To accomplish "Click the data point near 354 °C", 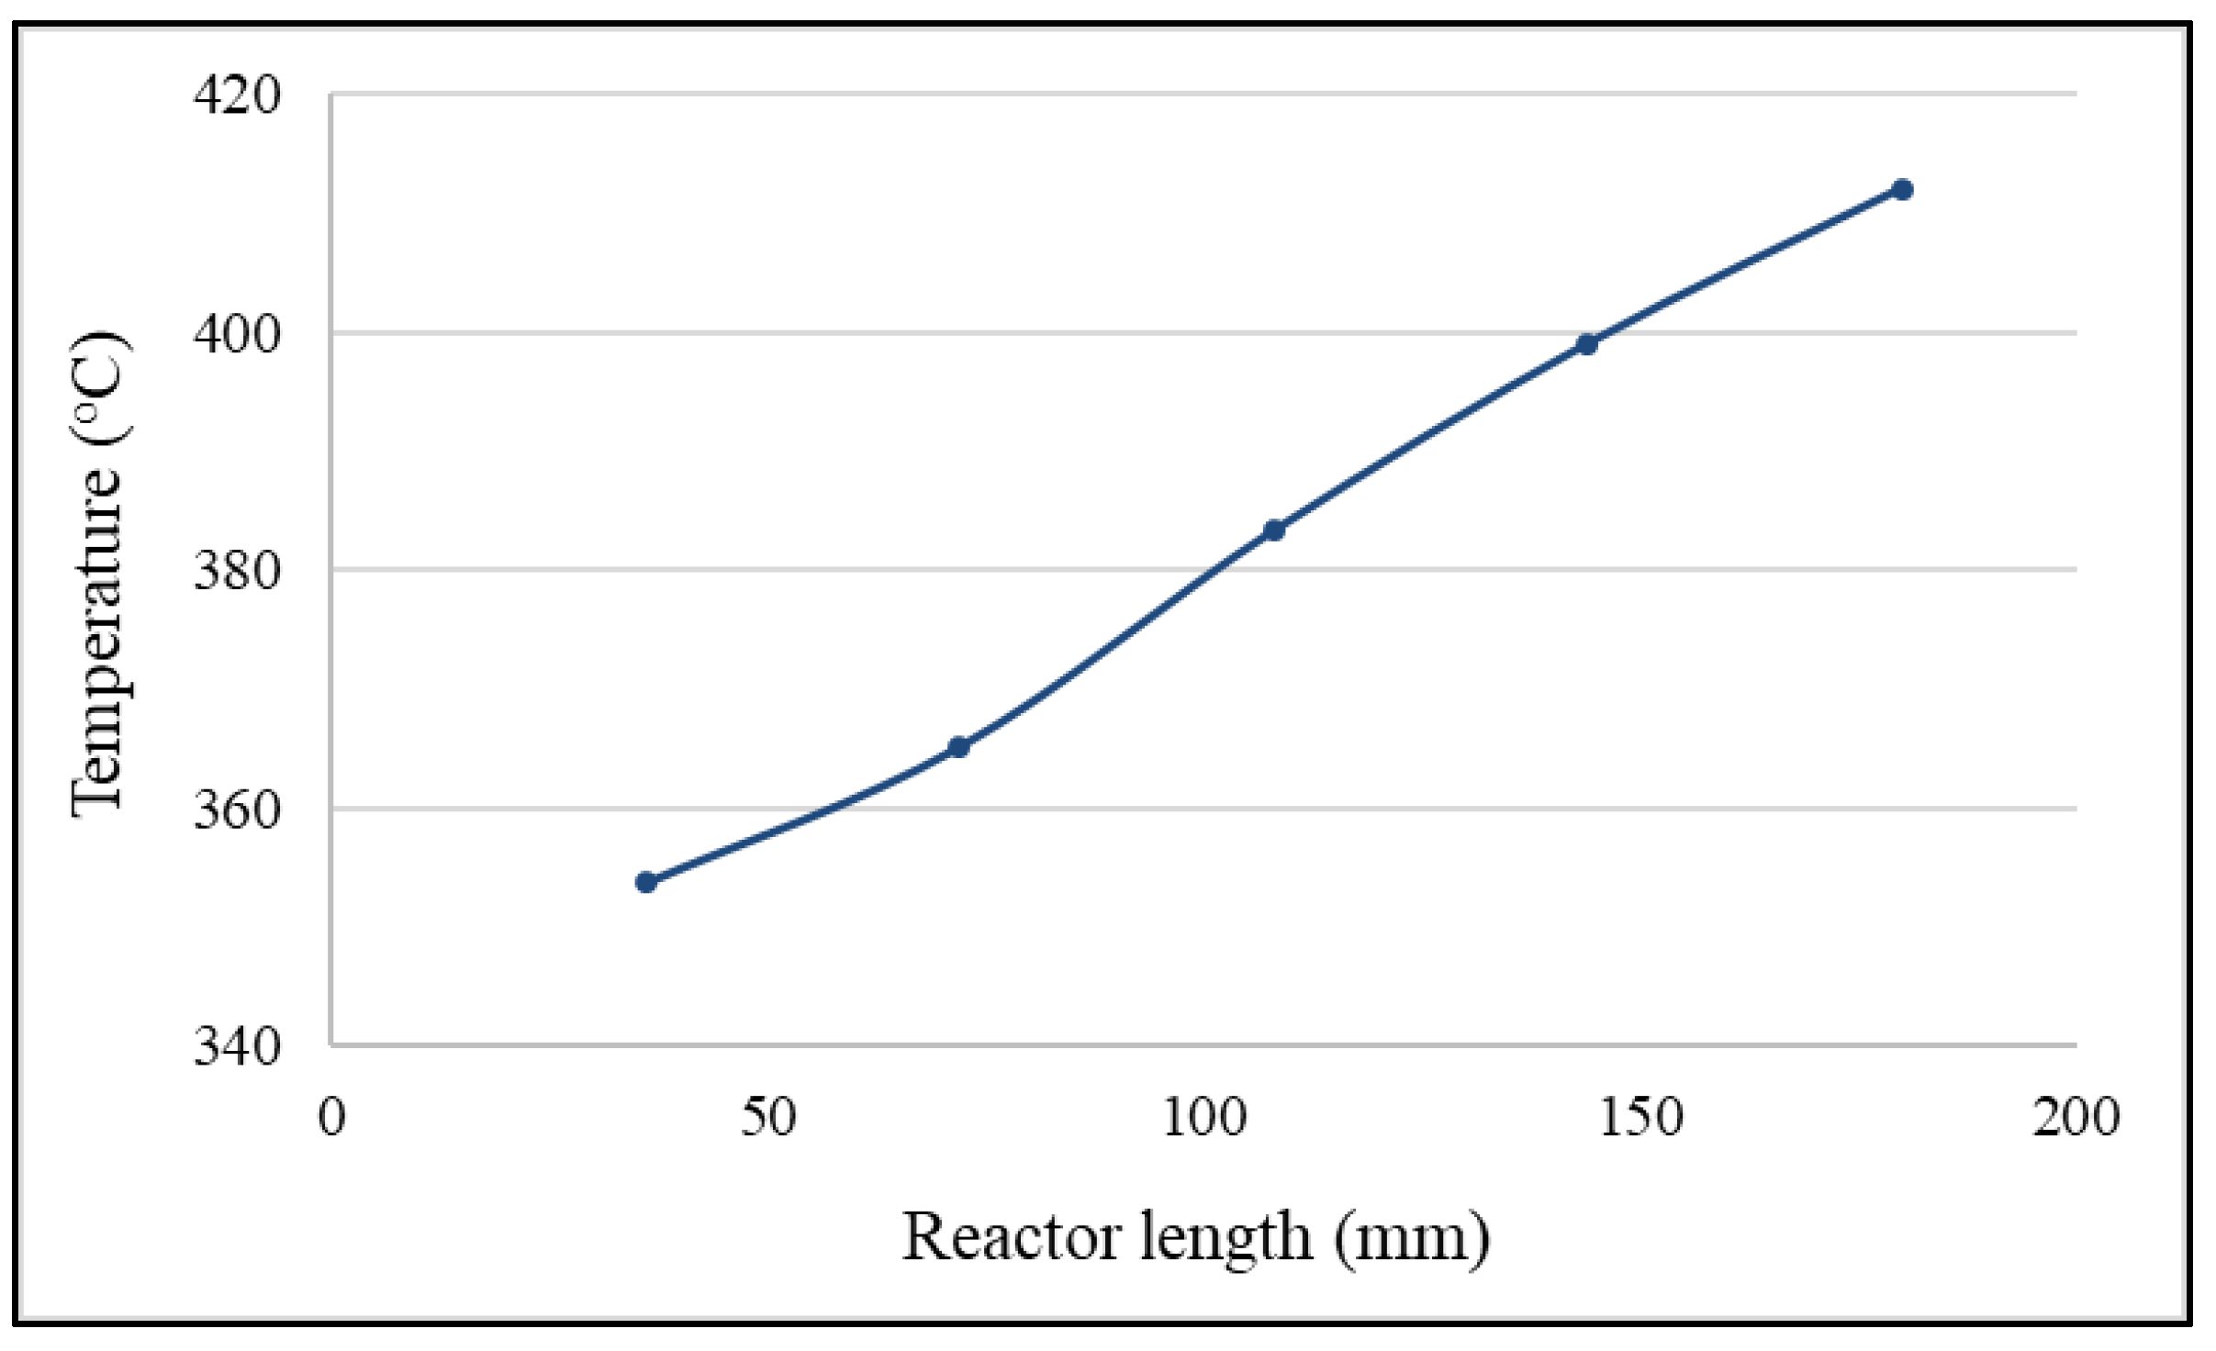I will point(645,882).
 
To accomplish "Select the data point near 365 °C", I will point(958,747).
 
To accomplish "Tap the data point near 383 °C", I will point(1273,530).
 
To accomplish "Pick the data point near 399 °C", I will point(1587,344).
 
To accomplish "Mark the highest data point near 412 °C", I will point(1902,190).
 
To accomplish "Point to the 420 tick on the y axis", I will point(237,95).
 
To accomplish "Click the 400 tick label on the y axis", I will point(237,333).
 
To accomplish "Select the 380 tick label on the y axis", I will point(237,570).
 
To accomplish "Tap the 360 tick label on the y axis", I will point(237,809).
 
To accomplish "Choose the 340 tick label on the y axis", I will point(237,1045).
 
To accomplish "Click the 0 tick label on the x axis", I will point(331,1118).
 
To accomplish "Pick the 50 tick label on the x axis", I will point(768,1118).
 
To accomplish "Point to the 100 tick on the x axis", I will point(1204,1118).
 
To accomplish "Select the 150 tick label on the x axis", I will point(1641,1118).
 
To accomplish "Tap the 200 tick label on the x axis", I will point(2076,1118).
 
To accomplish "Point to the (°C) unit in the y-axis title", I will point(99,388).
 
